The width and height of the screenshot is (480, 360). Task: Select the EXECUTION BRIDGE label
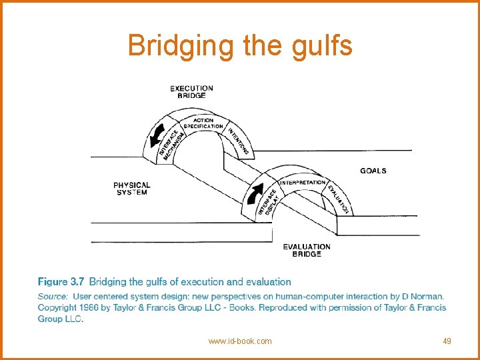coord(191,91)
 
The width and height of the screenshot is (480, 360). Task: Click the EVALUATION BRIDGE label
coord(307,250)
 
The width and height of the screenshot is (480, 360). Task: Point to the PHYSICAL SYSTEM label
coord(132,189)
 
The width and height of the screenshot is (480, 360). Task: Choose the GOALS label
coord(373,171)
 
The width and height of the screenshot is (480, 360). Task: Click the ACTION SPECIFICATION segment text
coord(203,123)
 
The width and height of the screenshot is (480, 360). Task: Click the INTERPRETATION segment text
coord(303,182)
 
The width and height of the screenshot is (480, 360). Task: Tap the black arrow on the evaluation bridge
coord(254,193)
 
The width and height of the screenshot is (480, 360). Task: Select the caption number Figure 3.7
coord(61,282)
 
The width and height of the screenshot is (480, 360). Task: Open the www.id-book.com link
coord(240,341)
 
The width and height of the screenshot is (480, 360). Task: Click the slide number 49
coord(447,341)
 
